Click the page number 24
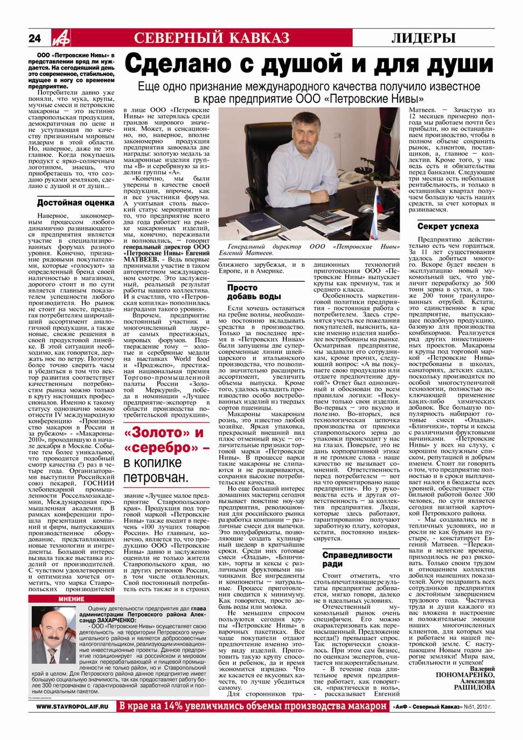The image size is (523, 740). click(x=35, y=38)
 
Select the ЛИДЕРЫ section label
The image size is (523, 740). click(x=423, y=38)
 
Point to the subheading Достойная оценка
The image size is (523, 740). click(x=75, y=203)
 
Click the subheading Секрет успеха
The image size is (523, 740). click(x=447, y=226)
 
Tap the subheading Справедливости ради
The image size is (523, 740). click(x=357, y=559)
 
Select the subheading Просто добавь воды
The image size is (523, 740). click(x=254, y=292)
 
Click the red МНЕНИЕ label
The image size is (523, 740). click(x=72, y=599)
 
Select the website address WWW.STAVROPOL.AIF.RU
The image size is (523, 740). click(x=72, y=706)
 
